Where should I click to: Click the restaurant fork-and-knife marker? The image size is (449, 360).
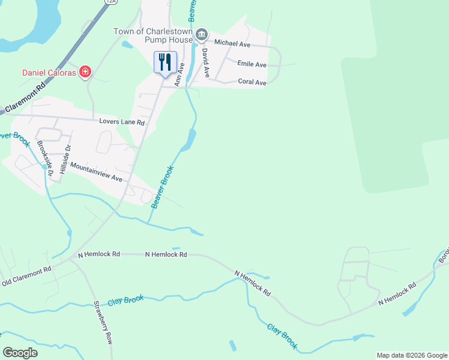pyautogui.click(x=165, y=62)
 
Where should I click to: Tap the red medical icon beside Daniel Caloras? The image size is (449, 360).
pyautogui.click(x=85, y=73)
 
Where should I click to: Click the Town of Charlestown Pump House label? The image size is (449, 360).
pyautogui.click(x=153, y=35)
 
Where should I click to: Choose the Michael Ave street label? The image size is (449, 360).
pyautogui.click(x=232, y=43)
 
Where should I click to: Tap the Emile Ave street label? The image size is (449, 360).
pyautogui.click(x=252, y=64)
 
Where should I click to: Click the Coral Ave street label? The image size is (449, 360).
pyautogui.click(x=252, y=82)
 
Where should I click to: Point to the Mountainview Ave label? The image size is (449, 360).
pyautogui.click(x=96, y=172)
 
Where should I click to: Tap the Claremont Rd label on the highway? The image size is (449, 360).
pyautogui.click(x=24, y=97)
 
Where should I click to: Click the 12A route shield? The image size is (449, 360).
pyautogui.click(x=110, y=2)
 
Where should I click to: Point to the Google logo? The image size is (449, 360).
pyautogui.click(x=20, y=353)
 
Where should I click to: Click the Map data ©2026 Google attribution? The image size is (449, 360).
pyautogui.click(x=412, y=355)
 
